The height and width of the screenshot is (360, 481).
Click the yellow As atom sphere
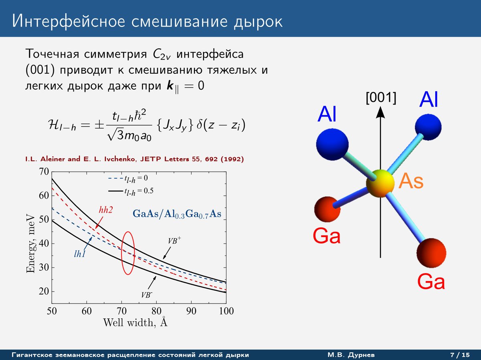(380, 183)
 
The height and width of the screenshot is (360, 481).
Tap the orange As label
(411, 181)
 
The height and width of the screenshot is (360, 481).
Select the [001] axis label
(381, 98)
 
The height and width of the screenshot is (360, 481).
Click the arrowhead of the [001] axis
(380, 113)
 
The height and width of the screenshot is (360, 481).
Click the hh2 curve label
(106, 210)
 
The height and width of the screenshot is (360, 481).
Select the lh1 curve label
(79, 254)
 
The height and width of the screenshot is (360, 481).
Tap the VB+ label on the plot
(174, 240)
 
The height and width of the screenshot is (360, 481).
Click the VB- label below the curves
(147, 295)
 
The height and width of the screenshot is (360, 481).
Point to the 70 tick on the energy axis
(44, 171)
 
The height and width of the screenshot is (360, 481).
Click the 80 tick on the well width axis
(156, 311)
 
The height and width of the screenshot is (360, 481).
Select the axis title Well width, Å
(135, 322)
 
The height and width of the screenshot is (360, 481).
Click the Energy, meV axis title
(30, 243)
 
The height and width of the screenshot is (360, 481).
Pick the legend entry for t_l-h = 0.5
(131, 191)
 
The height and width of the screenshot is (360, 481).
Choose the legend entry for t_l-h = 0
(128, 179)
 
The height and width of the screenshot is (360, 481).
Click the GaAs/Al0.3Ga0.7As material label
(177, 214)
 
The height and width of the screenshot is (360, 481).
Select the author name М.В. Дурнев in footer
(351, 355)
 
